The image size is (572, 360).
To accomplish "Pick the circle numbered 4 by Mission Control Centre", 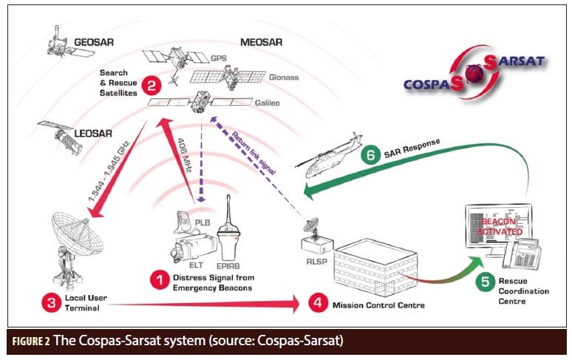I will (317, 302).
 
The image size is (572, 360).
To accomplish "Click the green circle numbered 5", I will (486, 281).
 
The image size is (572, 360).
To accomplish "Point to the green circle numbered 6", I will (369, 156).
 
